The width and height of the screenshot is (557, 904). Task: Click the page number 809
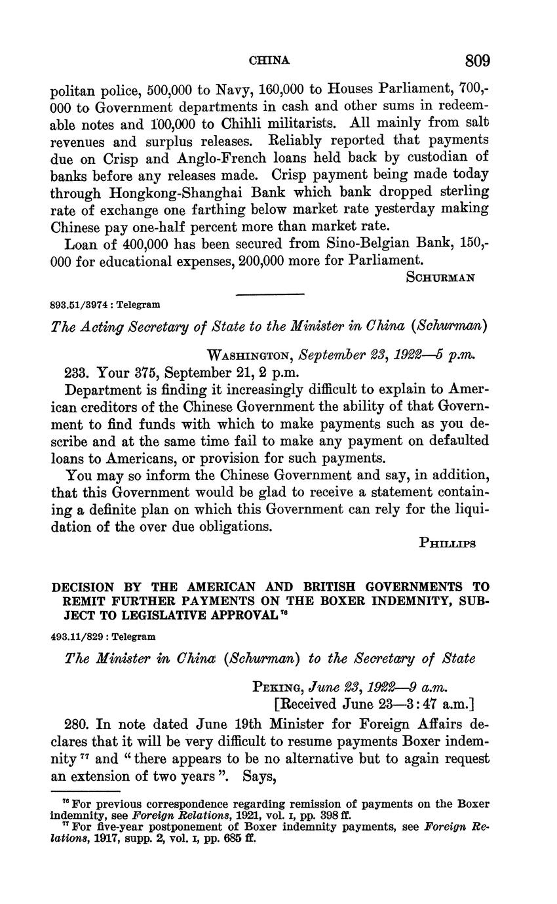pyautogui.click(x=478, y=61)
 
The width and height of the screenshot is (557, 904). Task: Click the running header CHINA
pyautogui.click(x=269, y=61)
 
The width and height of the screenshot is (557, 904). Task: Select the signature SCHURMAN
pyautogui.click(x=440, y=277)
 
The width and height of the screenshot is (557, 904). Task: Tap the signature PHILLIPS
pyautogui.click(x=446, y=543)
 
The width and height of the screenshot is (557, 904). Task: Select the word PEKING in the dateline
pyautogui.click(x=275, y=687)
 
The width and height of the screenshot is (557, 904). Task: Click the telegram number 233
pyautogui.click(x=77, y=372)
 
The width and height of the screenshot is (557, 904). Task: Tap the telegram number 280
pyautogui.click(x=77, y=724)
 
